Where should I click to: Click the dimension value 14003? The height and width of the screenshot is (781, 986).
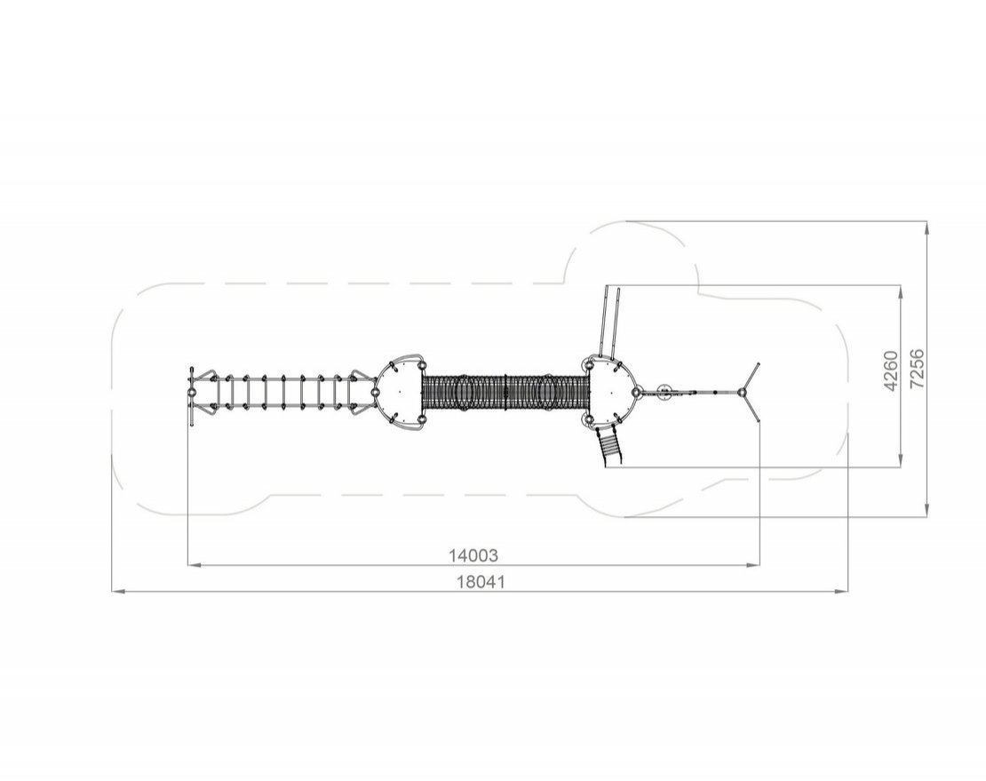point(473,555)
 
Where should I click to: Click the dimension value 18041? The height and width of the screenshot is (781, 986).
point(481,582)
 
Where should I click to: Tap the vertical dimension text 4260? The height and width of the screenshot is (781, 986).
point(891,371)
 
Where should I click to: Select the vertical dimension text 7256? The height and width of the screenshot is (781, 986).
point(918,369)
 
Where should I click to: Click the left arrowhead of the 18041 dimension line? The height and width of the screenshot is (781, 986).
point(118,591)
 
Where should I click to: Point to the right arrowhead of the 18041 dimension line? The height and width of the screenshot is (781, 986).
point(840,591)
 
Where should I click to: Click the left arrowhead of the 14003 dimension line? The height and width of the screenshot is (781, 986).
point(195,565)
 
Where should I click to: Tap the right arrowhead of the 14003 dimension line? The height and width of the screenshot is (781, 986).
point(752,565)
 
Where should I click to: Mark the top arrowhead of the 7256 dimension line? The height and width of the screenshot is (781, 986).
point(926,227)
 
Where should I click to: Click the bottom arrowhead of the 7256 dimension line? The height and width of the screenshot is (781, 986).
point(926,510)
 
